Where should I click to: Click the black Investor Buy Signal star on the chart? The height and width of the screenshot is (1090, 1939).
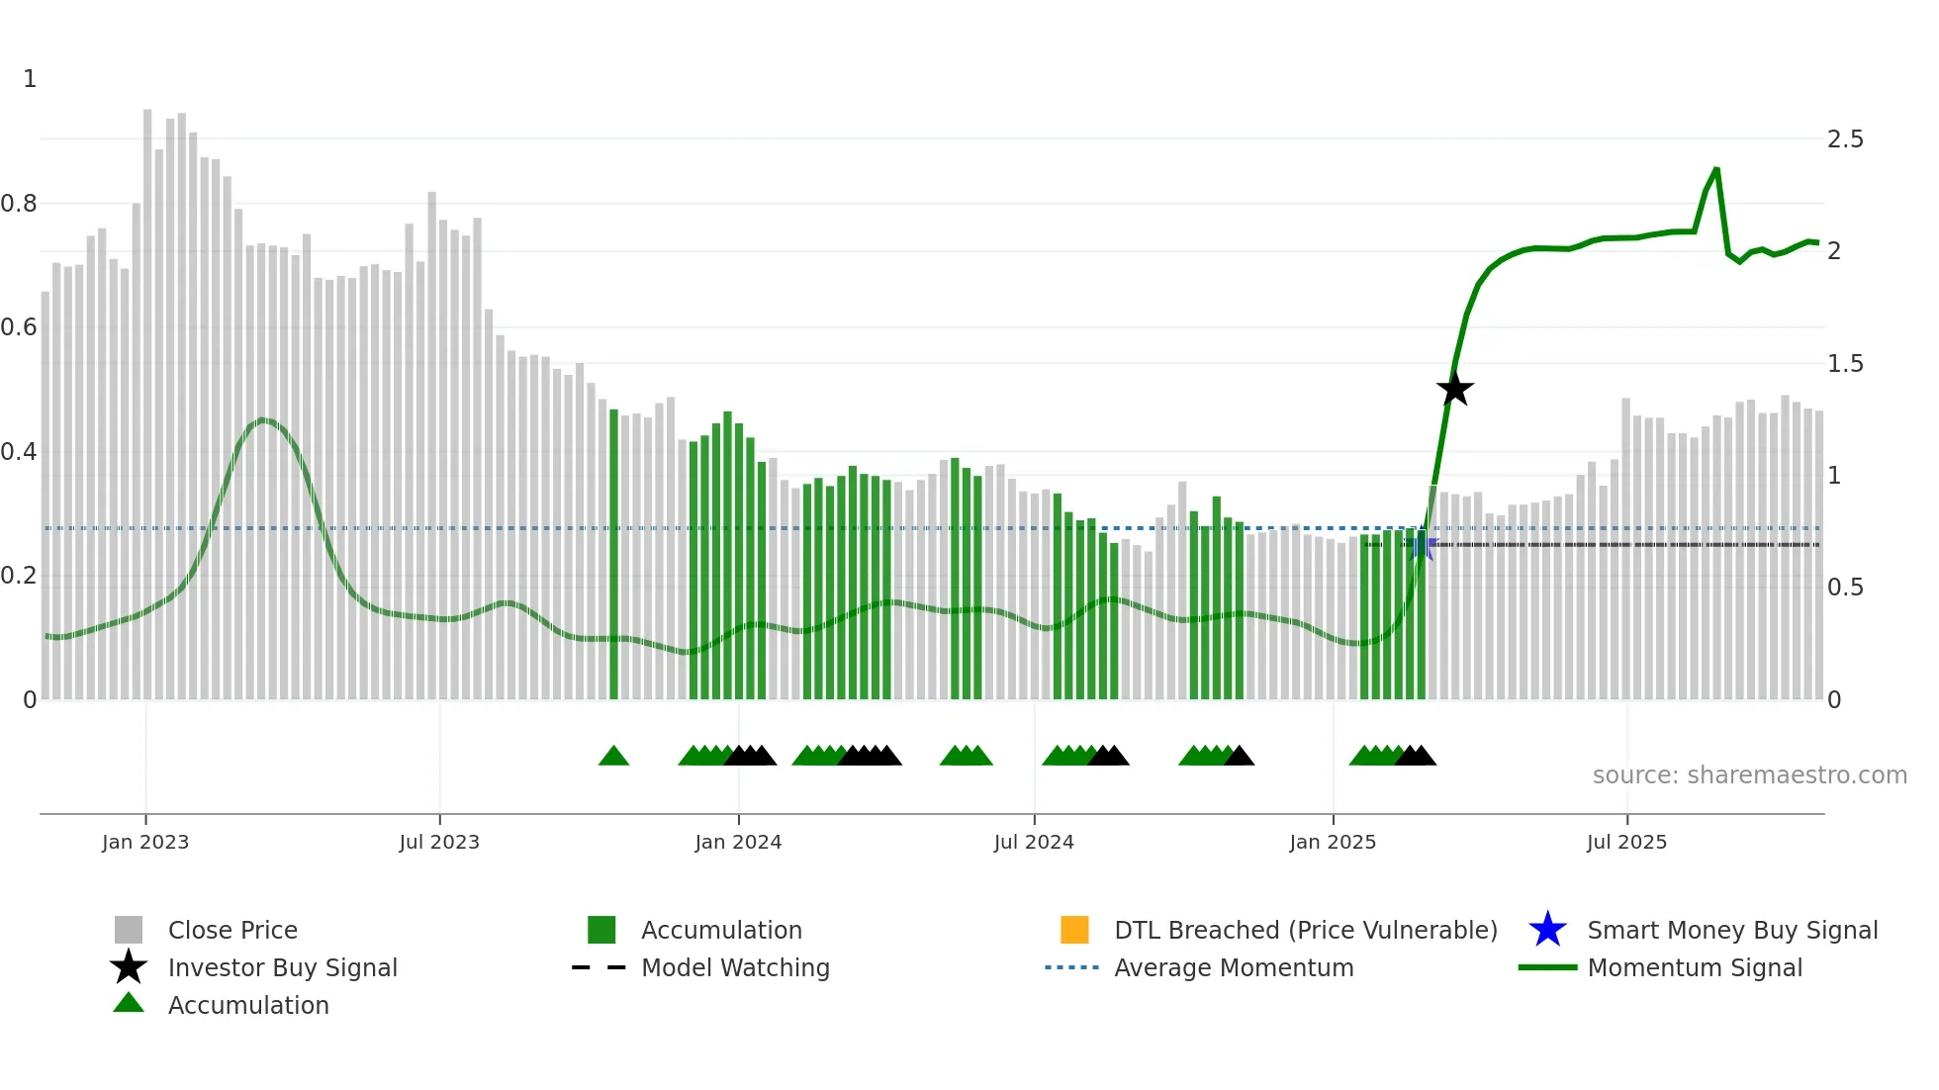pyautogui.click(x=1454, y=389)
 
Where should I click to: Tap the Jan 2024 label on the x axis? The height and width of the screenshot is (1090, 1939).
pyautogui.click(x=738, y=842)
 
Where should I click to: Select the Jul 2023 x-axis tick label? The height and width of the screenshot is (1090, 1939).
pyautogui.click(x=439, y=842)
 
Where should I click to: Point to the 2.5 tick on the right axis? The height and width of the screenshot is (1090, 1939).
pyautogui.click(x=1845, y=139)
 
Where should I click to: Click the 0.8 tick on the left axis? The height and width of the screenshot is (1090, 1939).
pyautogui.click(x=19, y=204)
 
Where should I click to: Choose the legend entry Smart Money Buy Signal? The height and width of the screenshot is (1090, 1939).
pyautogui.click(x=1731, y=930)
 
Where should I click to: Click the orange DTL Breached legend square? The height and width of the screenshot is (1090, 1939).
pyautogui.click(x=1074, y=930)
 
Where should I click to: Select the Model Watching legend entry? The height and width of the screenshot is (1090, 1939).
pyautogui.click(x=735, y=967)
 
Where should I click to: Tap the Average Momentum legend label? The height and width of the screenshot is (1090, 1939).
pyautogui.click(x=1234, y=967)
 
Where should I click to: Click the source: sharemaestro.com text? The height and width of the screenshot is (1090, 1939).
pyautogui.click(x=1749, y=774)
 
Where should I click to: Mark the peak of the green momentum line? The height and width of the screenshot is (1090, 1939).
pyautogui.click(x=1716, y=169)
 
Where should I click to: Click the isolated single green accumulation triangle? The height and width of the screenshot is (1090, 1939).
pyautogui.click(x=613, y=757)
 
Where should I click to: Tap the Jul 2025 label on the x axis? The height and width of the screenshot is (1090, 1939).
pyautogui.click(x=1626, y=842)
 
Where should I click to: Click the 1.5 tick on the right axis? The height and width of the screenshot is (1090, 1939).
pyautogui.click(x=1845, y=364)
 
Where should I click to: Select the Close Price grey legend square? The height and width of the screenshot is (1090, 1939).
pyautogui.click(x=129, y=930)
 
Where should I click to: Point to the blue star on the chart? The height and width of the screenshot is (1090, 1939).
pyautogui.click(x=1423, y=545)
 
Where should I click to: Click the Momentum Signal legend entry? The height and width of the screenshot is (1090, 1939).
pyautogui.click(x=1694, y=967)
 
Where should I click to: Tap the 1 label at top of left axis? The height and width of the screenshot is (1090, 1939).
pyautogui.click(x=30, y=79)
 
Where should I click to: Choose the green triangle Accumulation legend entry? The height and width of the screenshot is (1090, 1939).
pyautogui.click(x=247, y=1005)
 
